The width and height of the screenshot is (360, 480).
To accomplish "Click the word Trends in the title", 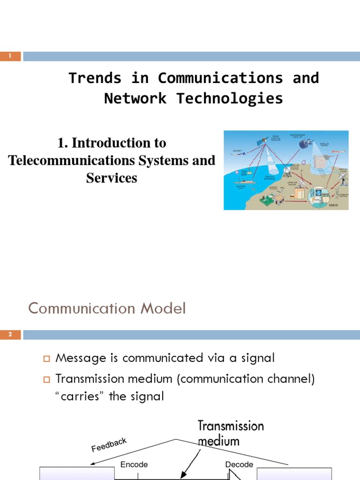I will point(95,78).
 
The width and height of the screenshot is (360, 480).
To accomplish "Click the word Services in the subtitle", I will point(112,178).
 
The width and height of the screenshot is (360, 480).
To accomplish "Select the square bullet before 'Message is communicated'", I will point(46,359).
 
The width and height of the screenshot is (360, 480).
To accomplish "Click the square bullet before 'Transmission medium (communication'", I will point(46,379).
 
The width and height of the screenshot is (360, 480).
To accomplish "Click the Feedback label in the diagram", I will point(109,444).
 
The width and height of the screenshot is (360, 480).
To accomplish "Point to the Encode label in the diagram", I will point(134,465).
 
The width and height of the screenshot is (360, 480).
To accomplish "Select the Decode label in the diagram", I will point(239,465).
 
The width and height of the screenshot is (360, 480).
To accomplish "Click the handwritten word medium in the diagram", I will point(218,441).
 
